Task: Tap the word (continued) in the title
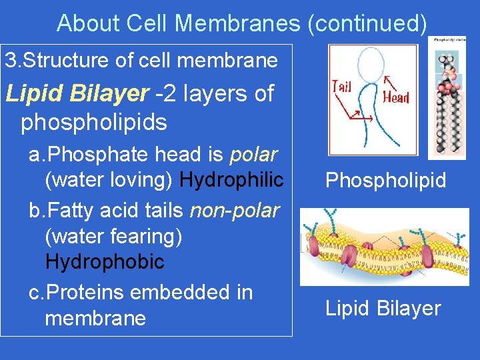tap(367, 23)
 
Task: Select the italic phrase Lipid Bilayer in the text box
tap(77, 94)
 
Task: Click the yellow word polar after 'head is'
tap(253, 155)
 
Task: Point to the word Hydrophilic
tap(232, 180)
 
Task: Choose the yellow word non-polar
tap(235, 211)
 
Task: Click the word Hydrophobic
tap(105, 262)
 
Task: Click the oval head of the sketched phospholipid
tap(371, 64)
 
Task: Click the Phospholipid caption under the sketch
tap(385, 181)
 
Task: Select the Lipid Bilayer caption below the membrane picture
tap(383, 308)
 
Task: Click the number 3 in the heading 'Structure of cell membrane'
tap(10, 61)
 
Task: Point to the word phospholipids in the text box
tap(93, 122)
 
